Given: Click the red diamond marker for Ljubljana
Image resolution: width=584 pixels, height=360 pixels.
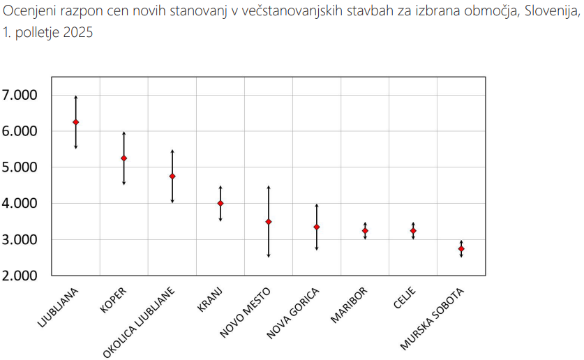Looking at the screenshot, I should pos(76,122).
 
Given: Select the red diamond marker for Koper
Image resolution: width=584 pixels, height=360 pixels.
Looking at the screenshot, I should pos(124,158).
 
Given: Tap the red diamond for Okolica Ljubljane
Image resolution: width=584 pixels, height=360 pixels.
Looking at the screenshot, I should pos(172,177).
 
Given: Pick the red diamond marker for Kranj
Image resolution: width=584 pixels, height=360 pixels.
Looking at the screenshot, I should pos(220,203).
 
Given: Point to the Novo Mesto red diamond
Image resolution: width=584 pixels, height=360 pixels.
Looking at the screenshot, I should pos(269,222).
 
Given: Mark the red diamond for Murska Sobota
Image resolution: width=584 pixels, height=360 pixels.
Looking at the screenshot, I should pos(461,249).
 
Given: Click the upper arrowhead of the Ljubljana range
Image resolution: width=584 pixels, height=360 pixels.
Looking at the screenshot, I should pos(76,98).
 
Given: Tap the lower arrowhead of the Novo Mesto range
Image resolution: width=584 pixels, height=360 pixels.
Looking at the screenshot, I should pos(269,255).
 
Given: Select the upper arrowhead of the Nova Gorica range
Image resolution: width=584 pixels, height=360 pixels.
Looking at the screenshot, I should pos(317,206).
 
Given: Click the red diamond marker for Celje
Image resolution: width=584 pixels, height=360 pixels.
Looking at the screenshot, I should pos(413,231).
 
